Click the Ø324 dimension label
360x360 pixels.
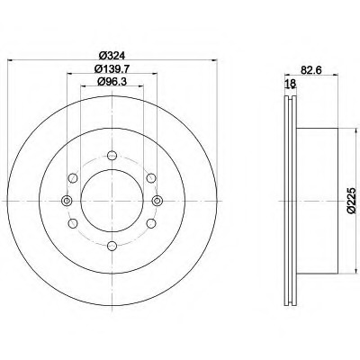pos(112,55)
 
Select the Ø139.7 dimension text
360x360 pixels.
pos(112,69)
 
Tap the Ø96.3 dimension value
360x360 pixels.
pos(112,81)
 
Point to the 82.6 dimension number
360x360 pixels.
pos(311,70)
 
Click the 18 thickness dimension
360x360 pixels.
pos(291,84)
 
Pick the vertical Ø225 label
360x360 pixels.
pos(352,201)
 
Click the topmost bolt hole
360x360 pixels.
pos(112,156)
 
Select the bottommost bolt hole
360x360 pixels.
pos(112,246)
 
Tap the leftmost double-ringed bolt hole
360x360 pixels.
pos(67,201)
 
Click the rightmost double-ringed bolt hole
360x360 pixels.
pos(157,201)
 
